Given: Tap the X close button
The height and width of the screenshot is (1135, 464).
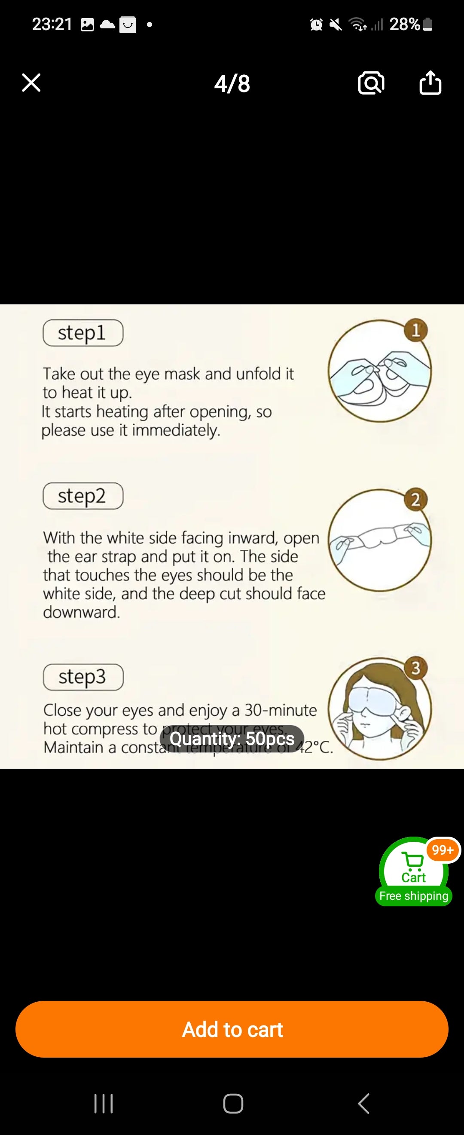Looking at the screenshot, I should coord(31,83).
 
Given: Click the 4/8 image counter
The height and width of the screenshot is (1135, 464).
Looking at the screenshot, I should coord(232,84).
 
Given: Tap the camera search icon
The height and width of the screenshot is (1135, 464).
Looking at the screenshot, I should coord(371,83).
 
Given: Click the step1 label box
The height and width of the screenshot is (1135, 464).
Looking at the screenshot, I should coord(83,333).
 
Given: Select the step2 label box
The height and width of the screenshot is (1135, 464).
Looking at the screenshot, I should coord(83,496).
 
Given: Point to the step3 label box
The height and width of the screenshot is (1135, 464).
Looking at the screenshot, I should coord(83,677).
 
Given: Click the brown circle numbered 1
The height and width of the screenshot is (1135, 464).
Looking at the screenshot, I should coord(415,330).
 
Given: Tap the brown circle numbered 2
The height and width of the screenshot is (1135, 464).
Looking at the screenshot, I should coord(415,500).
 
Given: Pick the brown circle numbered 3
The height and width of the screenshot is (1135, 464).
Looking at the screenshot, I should coord(415,668).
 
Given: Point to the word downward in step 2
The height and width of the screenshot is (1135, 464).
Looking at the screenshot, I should coord(82,612).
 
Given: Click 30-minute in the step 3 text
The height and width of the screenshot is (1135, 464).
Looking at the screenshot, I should coord(281,710).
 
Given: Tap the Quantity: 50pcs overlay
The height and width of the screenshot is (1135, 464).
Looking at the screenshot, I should coord(232,739).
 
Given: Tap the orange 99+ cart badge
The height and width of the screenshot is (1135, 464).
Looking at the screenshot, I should coord(443,850).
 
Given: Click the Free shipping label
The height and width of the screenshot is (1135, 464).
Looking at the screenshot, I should coord(413,896).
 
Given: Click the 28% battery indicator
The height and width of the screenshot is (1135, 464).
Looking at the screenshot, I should coord(410,24).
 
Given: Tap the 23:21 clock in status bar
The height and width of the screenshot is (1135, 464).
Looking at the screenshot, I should coord(52,24).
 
